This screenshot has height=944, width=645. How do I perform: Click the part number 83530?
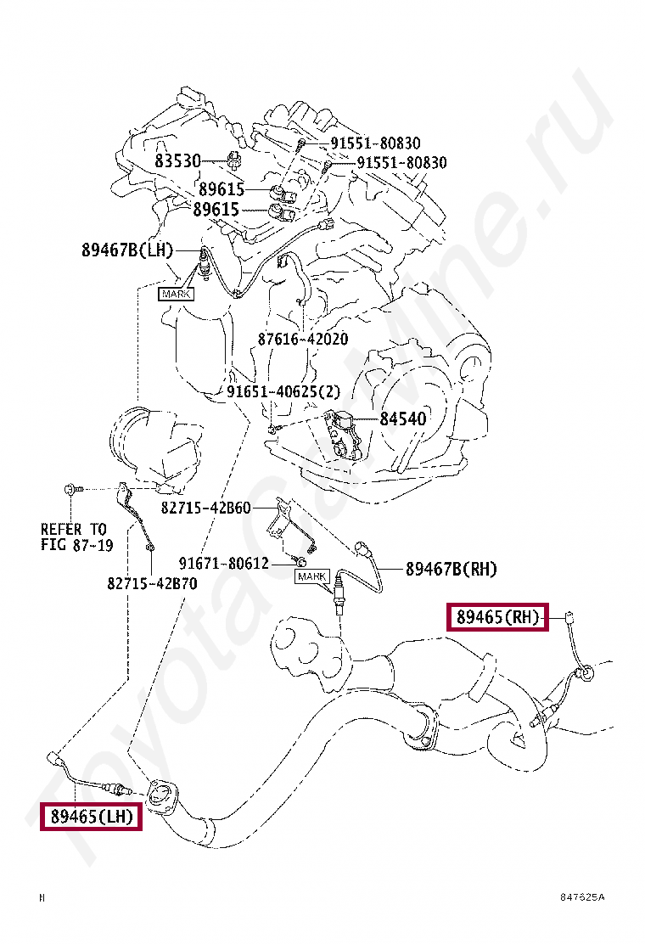[x=177, y=160]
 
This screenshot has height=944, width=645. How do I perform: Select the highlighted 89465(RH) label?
[x=498, y=617]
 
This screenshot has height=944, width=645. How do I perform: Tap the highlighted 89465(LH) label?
[x=91, y=817]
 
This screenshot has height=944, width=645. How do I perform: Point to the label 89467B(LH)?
[x=127, y=250]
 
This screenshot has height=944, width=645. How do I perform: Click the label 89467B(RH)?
[x=451, y=569]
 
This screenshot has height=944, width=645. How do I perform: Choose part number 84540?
[x=402, y=419]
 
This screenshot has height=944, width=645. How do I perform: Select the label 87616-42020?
[x=303, y=339]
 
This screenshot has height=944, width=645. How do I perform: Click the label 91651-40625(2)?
[x=283, y=391]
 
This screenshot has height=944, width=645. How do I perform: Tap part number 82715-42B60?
[x=206, y=508]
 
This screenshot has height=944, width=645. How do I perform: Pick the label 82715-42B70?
[x=152, y=583]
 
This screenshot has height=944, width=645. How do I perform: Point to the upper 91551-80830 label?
[x=375, y=143]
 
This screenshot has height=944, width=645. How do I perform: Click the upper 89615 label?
[x=222, y=188]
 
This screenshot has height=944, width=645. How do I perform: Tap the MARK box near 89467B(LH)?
[x=176, y=294]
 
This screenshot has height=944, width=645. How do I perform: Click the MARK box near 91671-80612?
[x=311, y=577]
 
